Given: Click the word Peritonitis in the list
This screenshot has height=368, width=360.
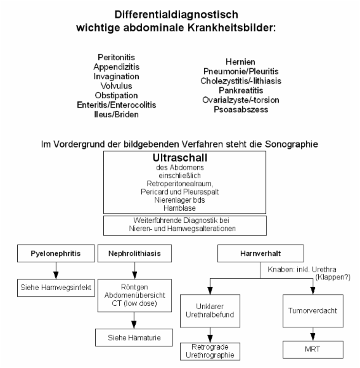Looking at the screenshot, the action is click(x=116, y=57).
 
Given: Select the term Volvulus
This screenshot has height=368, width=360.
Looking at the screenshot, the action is click(x=116, y=86).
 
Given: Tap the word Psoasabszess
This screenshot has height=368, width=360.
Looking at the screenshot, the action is click(x=241, y=109).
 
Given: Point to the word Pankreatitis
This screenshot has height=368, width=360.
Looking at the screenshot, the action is click(x=241, y=90).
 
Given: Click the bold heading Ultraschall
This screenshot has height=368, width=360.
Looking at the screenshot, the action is click(x=180, y=158).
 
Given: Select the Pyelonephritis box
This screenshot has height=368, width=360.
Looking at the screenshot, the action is click(x=56, y=254).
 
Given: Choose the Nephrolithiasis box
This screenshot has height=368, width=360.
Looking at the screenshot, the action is click(x=135, y=254).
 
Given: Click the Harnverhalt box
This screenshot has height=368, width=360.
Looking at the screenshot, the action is click(x=260, y=254).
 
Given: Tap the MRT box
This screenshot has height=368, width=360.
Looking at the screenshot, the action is click(x=313, y=350).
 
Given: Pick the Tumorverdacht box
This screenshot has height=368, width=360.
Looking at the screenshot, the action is click(x=313, y=311).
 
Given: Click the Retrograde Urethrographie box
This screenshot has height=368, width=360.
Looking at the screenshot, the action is click(x=210, y=351).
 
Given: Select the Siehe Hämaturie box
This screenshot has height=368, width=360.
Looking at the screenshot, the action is click(x=134, y=337).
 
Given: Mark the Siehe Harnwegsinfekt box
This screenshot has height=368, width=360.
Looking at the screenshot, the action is click(x=56, y=288).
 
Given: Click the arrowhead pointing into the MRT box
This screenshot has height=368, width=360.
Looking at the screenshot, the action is click(x=313, y=337).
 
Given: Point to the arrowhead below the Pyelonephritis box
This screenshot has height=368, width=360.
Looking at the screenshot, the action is click(x=56, y=275).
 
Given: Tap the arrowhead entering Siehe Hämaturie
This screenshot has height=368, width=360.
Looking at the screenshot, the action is click(x=134, y=325).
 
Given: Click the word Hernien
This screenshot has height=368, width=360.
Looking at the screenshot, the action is click(x=240, y=61).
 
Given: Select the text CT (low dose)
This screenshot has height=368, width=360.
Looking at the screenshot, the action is click(x=135, y=303).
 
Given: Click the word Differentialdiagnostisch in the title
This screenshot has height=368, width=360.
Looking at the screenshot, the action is click(x=176, y=15).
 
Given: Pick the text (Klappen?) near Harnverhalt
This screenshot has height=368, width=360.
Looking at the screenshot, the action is click(x=333, y=277).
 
